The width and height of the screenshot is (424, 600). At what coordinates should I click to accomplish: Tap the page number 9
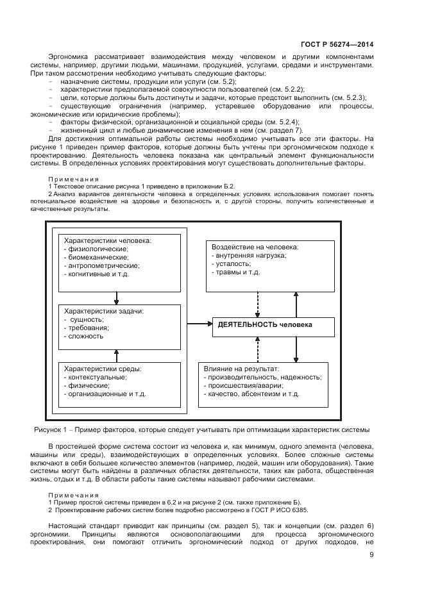point(371,555)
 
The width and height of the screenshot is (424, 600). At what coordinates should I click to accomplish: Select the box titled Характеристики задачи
point(119,326)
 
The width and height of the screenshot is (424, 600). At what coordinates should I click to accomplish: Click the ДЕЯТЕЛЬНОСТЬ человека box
point(274,326)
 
